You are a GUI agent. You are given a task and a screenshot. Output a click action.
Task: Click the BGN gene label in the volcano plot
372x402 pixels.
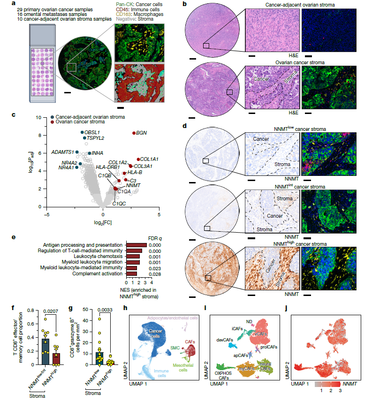[142, 133]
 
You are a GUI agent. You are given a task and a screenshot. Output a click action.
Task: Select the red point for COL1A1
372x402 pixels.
[138, 159]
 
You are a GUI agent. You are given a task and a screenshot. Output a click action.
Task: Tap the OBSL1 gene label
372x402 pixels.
[92, 133]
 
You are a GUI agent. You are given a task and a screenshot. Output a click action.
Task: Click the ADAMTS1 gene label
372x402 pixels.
[62, 152]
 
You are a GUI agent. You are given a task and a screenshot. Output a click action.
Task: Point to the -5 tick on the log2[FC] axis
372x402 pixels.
[46, 215]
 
